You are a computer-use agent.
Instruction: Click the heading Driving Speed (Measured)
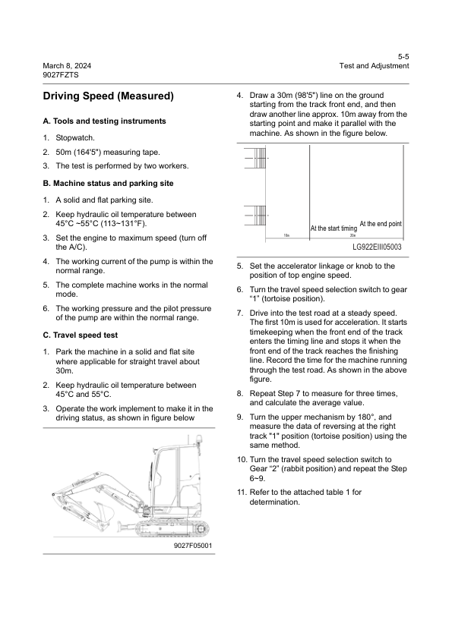pos(108,96)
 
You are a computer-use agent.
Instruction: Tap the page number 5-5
pos(403,56)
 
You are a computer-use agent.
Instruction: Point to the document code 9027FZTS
pos(61,75)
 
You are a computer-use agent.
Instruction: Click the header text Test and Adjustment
pos(375,66)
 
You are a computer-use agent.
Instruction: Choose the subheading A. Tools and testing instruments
pos(104,121)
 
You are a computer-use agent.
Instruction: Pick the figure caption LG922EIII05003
pos(377,247)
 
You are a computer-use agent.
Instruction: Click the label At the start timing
pos(333,228)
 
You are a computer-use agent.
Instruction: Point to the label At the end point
pos(380,224)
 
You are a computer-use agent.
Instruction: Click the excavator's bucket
pos(104,512)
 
